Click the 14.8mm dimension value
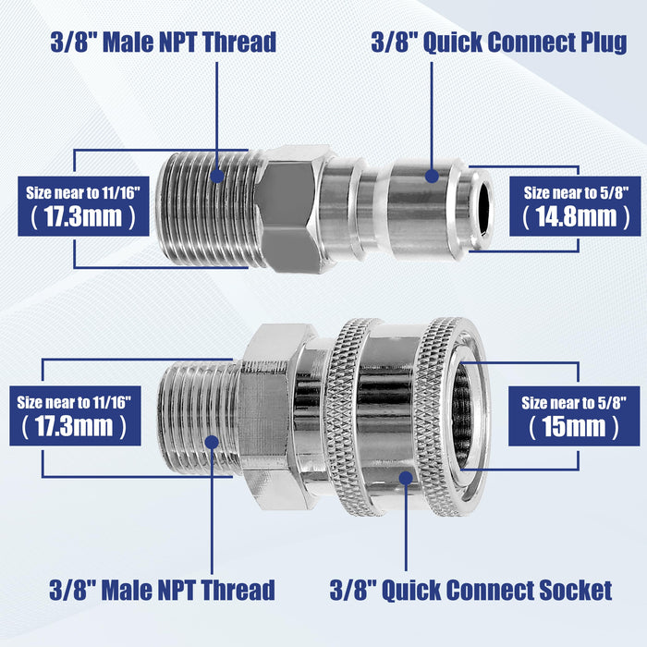[569, 217]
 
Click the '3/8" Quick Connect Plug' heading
[498, 43]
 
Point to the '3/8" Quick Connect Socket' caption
[470, 589]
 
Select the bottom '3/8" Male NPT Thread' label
[162, 589]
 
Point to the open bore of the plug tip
[481, 210]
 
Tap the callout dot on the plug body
[432, 174]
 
